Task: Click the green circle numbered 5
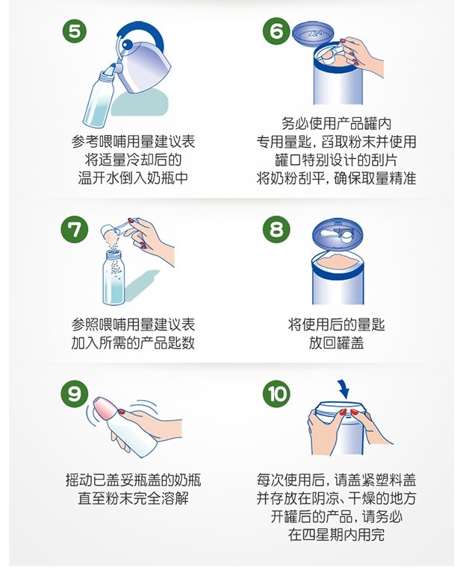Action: point(74,31)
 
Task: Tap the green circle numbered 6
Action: point(276,31)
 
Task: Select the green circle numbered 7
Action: point(74,229)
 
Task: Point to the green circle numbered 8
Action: point(276,229)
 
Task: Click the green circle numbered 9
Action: point(74,394)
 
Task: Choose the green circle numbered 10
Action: point(276,394)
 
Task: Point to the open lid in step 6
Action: point(314,34)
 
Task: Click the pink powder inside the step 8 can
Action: point(337,263)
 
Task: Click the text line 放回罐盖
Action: point(336,342)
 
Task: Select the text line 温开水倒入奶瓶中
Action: point(133,178)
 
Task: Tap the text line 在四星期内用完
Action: point(336,534)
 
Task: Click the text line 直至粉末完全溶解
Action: point(133,498)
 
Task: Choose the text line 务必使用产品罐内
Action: point(336,124)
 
